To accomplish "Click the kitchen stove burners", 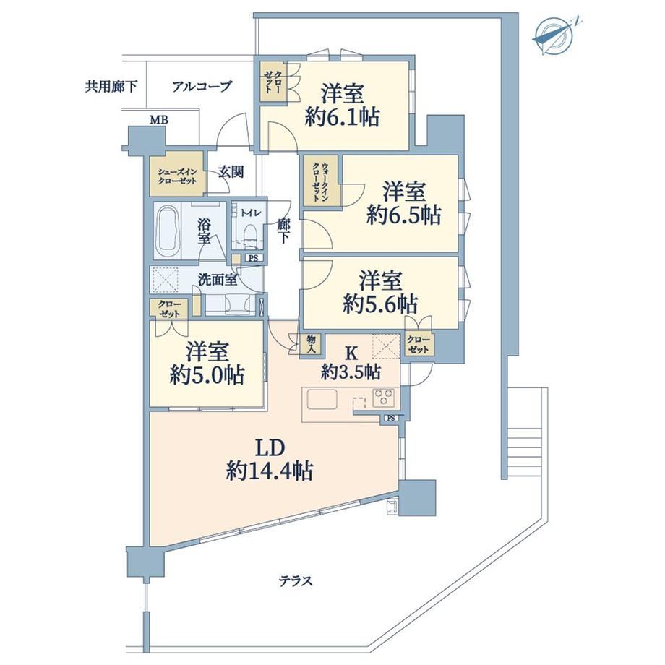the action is [383, 398].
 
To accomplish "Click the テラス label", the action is [296, 580].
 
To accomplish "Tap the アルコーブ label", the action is [202, 87].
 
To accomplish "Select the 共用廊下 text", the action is [111, 87].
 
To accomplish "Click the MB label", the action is [159, 121].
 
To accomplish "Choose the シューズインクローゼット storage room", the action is [177, 176].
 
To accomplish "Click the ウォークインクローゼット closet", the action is [322, 182].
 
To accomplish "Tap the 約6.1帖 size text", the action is [342, 117].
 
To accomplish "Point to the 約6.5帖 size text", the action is [404, 215].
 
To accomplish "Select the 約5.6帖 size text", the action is [380, 304].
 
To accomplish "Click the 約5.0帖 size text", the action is [207, 375].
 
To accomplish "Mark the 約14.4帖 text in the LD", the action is [270, 471].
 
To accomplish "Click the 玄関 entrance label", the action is [231, 172].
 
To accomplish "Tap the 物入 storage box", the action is [312, 344].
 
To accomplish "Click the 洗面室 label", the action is [218, 280].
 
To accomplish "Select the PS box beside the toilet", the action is [253, 257].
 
